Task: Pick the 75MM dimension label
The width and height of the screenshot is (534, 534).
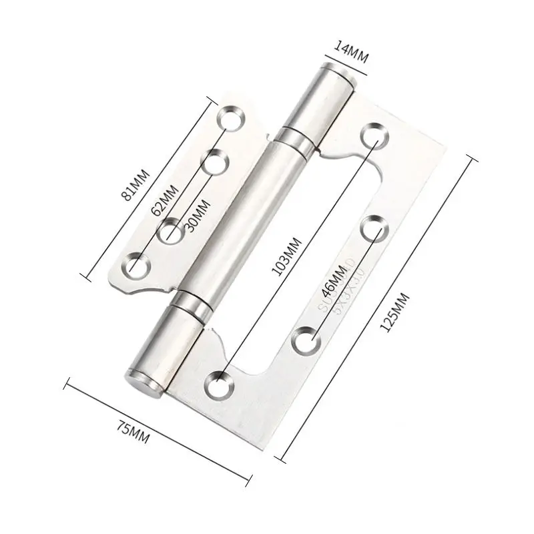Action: pos(133,431)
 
